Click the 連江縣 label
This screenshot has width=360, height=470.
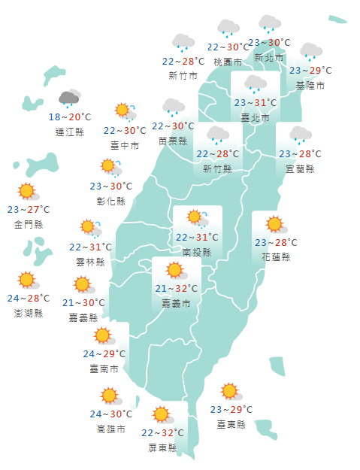point(70,132)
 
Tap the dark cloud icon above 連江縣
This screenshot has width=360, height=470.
point(69,98)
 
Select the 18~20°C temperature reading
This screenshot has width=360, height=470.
point(70,117)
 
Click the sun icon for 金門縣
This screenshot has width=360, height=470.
point(28,191)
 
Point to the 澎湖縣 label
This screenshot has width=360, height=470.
point(29,313)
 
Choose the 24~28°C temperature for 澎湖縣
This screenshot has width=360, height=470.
point(29,299)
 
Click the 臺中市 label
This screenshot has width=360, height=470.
point(125,145)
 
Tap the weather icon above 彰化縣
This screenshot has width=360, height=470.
point(110,166)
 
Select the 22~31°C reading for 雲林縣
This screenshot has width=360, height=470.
point(90,247)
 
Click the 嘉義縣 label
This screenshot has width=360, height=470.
point(83,317)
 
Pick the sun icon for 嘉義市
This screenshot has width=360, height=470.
point(175,270)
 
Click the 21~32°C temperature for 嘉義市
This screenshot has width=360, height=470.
point(177,289)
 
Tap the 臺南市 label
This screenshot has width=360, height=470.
point(104,369)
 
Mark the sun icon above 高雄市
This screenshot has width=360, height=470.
point(110,396)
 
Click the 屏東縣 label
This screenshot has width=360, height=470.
point(162,447)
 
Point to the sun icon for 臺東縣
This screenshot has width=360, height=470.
point(230,391)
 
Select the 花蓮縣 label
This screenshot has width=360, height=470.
point(276,257)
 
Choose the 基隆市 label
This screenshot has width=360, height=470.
point(310,86)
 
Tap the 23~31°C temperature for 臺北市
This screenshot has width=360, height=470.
point(255,103)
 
